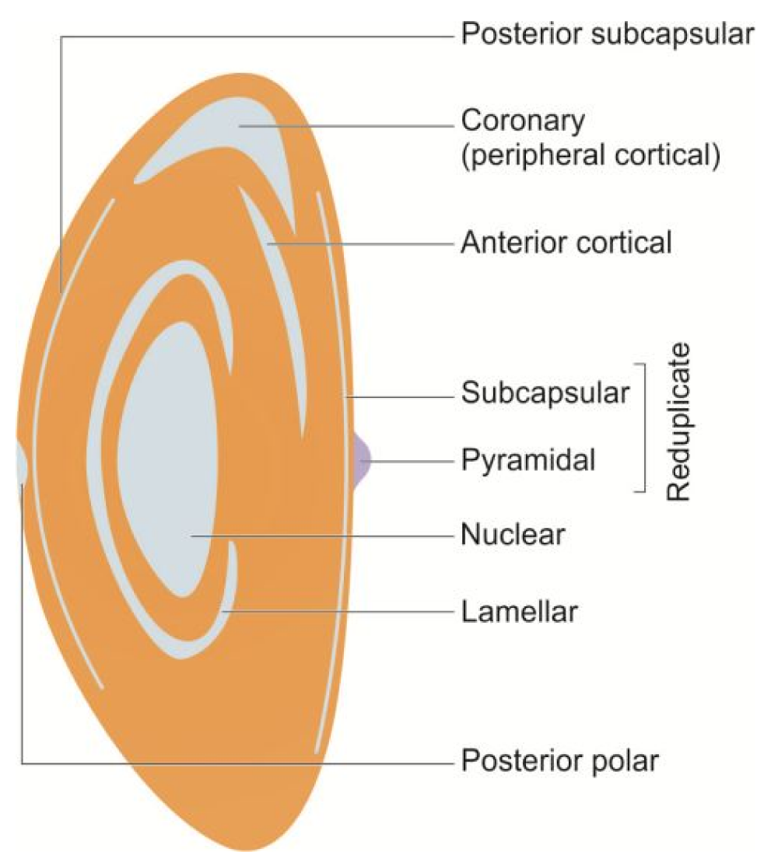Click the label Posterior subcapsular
point(608,35)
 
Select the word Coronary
point(522,122)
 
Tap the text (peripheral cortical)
point(588,155)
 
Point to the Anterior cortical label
point(566,243)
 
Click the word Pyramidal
point(528,460)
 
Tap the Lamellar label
point(519,612)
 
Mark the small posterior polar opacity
point(21,464)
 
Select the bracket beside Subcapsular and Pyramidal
point(643,428)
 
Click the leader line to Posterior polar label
point(233,762)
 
